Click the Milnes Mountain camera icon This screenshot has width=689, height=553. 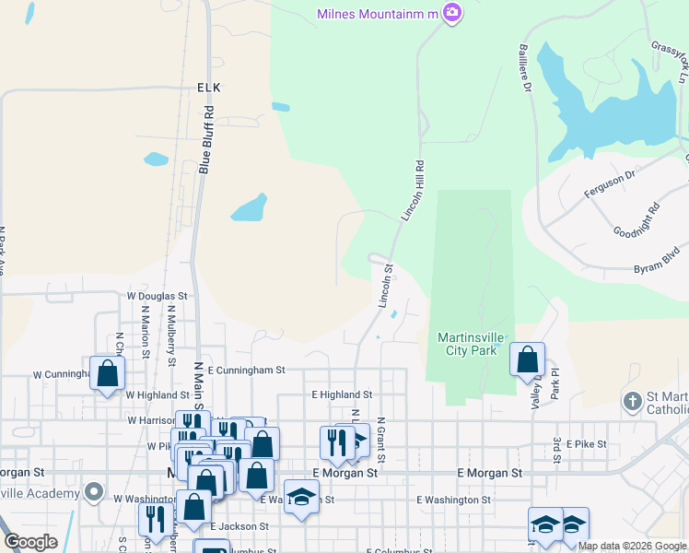tap(452, 13)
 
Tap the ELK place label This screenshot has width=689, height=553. tap(210, 87)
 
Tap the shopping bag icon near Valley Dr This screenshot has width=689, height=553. tap(528, 359)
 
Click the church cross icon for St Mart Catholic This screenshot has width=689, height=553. tap(632, 401)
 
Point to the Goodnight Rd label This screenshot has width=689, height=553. tap(636, 221)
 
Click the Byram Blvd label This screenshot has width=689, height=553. tap(657, 257)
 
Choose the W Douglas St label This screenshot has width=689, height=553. tap(157, 297)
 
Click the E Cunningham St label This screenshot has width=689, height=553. tap(247, 370)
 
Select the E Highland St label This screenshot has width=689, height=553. tap(341, 394)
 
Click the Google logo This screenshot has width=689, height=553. tap(30, 542)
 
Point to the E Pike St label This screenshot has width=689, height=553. tap(586, 443)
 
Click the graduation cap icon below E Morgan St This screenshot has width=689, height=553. tap(301, 496)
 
